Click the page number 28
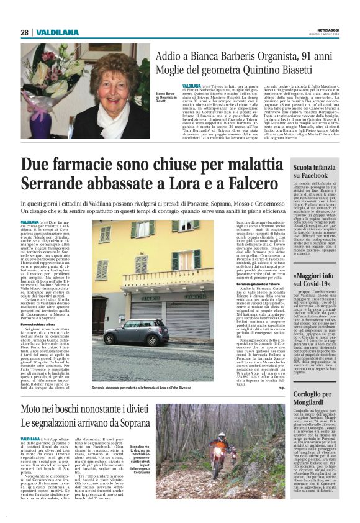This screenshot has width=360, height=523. [x=25, y=32]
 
